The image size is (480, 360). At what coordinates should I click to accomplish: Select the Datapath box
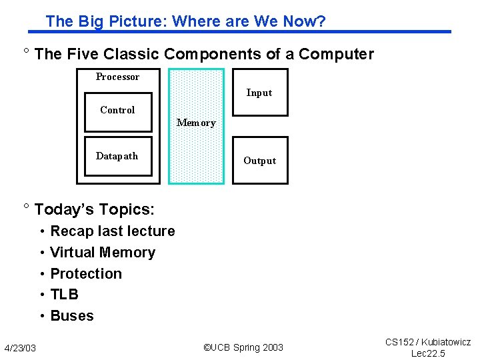tap(118, 157)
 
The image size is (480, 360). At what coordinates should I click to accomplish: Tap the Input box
tap(259, 93)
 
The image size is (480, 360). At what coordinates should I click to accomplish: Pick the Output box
tap(259, 161)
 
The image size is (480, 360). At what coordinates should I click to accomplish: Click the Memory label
tap(196, 123)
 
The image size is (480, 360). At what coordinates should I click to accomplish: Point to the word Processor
tap(117, 77)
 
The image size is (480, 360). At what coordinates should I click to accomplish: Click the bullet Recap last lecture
tap(113, 231)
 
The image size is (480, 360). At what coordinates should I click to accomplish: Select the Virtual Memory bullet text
tap(103, 253)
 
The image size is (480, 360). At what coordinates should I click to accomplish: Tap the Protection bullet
tap(86, 274)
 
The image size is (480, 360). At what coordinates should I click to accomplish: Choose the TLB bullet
tap(64, 295)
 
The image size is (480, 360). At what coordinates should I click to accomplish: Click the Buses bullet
tap(72, 316)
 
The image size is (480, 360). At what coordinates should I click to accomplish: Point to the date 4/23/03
tap(20, 348)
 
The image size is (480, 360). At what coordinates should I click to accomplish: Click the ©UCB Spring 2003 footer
tap(243, 347)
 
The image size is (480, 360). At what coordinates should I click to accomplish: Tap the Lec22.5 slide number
tap(427, 353)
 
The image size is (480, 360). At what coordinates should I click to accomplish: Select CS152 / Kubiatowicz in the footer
tap(427, 342)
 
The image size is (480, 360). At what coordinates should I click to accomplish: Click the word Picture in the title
tap(139, 21)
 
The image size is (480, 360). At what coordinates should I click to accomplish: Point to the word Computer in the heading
tap(336, 54)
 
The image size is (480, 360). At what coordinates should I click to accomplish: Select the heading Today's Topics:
tap(94, 209)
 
